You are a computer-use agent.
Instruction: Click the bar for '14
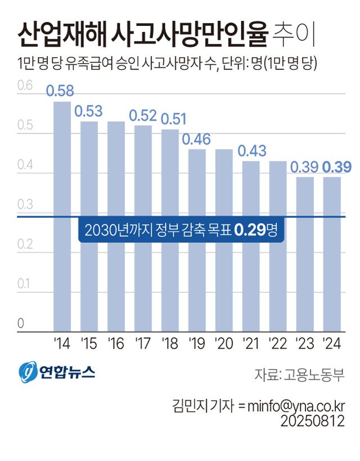62,216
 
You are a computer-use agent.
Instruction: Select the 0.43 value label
251,151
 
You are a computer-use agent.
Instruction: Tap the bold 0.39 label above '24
337,167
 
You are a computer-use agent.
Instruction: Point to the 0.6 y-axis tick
24,86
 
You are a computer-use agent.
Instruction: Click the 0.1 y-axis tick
24,284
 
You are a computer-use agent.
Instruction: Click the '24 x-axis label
332,342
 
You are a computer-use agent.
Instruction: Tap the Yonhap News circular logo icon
28,372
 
